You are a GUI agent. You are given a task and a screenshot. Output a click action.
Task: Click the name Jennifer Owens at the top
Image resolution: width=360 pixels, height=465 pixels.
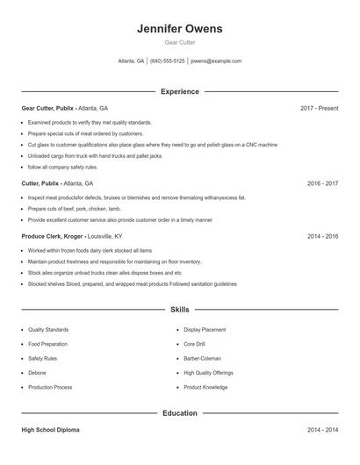click(179, 29)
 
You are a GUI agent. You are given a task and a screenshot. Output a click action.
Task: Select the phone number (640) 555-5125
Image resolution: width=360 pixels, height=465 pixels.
click(167, 61)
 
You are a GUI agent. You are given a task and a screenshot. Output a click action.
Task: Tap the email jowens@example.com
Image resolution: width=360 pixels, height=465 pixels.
click(216, 61)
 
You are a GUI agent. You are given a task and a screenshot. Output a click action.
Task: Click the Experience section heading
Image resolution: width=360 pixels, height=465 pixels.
click(179, 91)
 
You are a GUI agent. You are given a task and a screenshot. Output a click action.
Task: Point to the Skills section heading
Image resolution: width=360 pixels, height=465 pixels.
click(179, 310)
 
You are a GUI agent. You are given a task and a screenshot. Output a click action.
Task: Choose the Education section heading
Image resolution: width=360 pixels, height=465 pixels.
click(179, 412)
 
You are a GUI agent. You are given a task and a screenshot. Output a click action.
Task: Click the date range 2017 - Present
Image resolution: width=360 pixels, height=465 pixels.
click(319, 108)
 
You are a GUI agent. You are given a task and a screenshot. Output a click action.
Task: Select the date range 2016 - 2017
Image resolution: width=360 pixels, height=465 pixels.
click(322, 183)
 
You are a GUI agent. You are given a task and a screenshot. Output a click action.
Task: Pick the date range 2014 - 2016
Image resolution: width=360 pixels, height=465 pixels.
click(322, 236)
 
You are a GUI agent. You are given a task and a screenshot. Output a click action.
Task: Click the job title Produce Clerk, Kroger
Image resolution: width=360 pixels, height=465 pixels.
click(52, 236)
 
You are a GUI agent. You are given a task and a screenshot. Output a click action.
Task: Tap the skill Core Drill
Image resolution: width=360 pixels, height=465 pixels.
click(196, 344)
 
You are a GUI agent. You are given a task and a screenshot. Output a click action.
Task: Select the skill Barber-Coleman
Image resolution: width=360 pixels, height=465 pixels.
click(202, 358)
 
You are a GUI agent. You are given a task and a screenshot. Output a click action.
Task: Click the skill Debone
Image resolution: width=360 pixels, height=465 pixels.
click(37, 373)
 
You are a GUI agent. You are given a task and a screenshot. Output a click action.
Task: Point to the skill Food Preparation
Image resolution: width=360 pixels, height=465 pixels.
click(47, 344)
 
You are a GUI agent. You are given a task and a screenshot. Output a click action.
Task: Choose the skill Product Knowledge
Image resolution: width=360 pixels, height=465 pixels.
click(205, 387)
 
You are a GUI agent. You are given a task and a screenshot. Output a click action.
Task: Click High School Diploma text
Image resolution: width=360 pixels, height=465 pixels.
click(52, 430)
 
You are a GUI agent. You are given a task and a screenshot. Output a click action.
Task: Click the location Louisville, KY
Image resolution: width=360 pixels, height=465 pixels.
click(106, 236)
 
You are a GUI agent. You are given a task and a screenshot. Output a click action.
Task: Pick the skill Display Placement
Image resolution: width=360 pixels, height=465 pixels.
click(205, 330)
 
